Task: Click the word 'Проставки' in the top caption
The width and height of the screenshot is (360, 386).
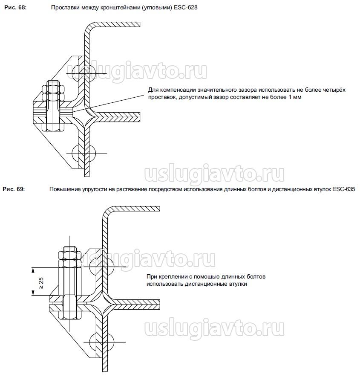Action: tap(63, 8)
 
